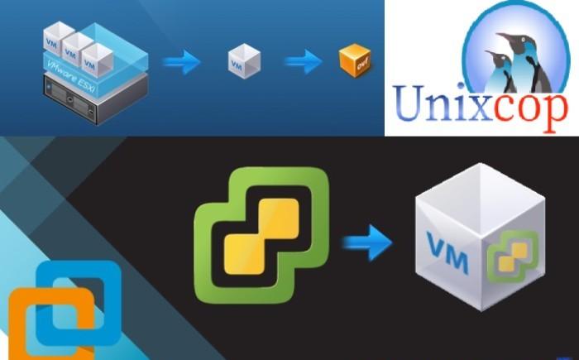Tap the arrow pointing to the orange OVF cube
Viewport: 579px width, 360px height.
(303, 60)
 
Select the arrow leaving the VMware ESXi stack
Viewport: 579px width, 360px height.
(179, 60)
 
